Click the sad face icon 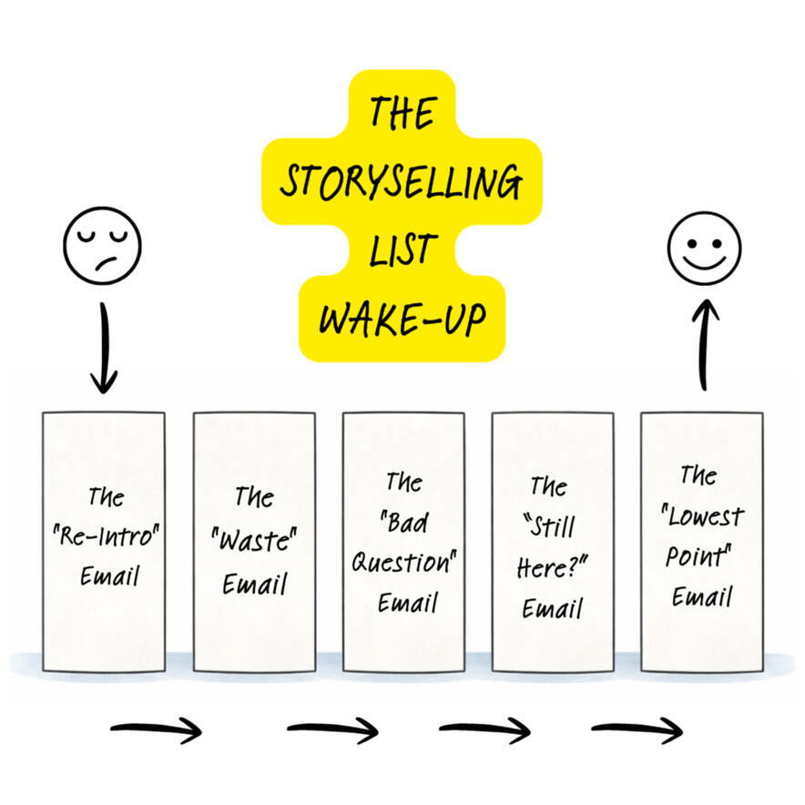click(x=103, y=246)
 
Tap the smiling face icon click(x=704, y=246)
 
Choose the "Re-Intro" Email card click(x=104, y=541)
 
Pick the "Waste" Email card click(x=254, y=541)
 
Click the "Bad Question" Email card click(x=403, y=541)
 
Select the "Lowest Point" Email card click(x=702, y=541)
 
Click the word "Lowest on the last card click(x=703, y=516)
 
